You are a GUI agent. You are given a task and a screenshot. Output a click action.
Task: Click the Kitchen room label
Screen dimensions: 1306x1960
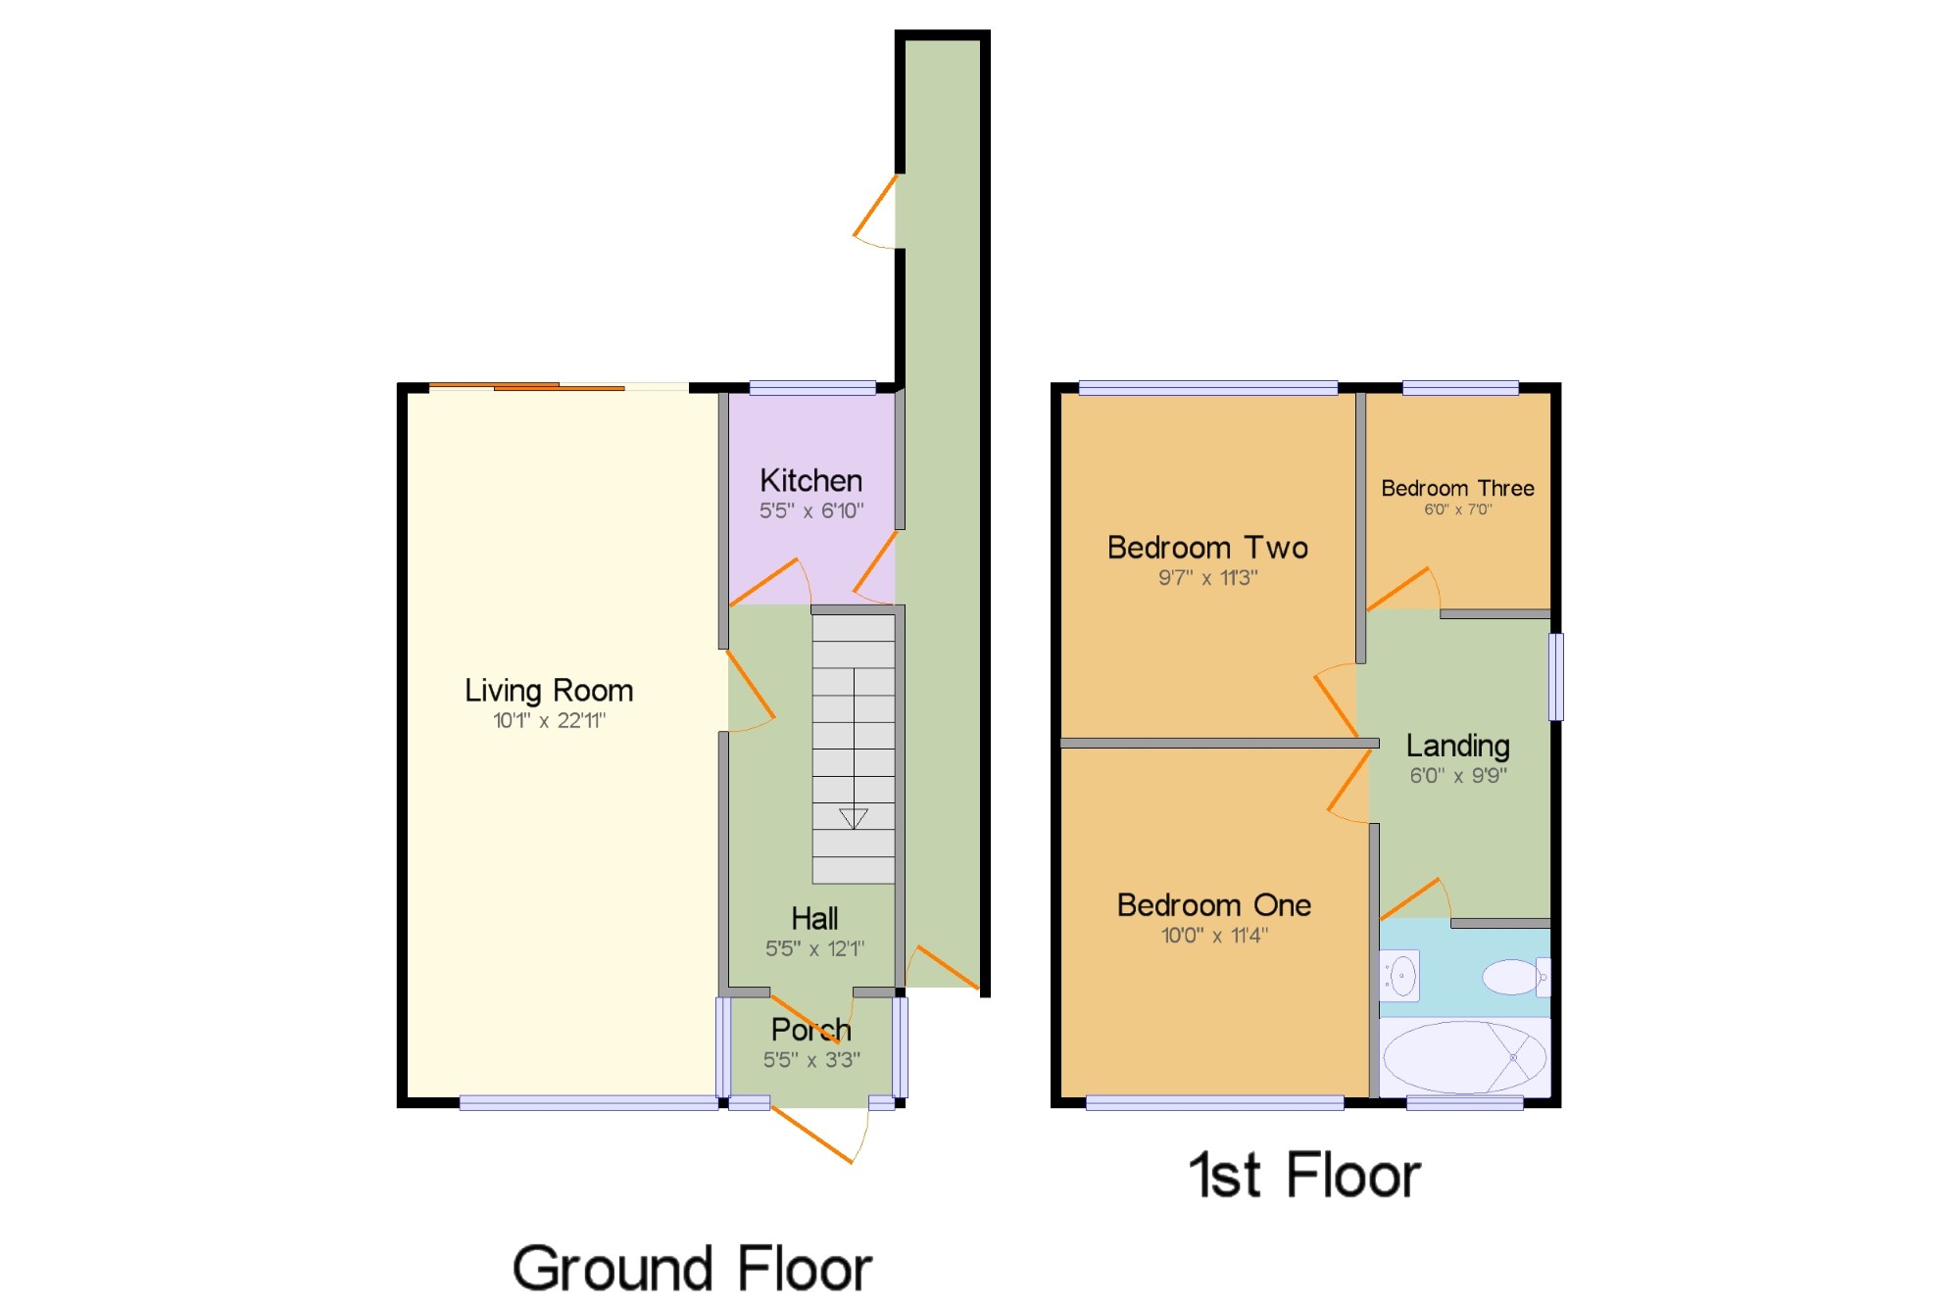click(810, 480)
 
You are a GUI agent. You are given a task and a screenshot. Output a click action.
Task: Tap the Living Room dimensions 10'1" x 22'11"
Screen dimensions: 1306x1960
click(549, 721)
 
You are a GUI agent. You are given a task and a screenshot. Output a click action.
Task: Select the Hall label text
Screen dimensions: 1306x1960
click(814, 918)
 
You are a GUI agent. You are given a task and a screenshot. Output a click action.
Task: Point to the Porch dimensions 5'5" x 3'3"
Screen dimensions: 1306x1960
click(811, 1060)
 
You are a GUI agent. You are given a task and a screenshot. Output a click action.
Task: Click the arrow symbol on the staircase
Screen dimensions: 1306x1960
click(854, 817)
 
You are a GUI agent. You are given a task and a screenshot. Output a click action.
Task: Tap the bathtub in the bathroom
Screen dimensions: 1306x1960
click(1464, 1058)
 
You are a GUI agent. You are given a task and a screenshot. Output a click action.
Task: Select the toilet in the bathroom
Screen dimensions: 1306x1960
click(1513, 977)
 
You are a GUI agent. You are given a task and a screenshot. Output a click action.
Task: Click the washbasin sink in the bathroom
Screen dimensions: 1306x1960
click(1401, 976)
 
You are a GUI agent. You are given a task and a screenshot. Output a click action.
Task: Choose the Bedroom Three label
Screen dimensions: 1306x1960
click(1457, 488)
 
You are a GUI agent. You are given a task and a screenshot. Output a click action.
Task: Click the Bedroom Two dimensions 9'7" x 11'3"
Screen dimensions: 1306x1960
click(1207, 578)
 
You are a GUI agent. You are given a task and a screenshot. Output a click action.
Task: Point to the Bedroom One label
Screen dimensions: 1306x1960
click(1213, 904)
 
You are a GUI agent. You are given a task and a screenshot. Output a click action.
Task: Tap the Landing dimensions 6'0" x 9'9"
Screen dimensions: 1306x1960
click(1457, 776)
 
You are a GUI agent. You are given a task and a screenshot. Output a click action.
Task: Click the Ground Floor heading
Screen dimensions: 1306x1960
click(692, 1269)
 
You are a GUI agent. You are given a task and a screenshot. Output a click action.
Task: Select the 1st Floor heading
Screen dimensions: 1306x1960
click(1304, 1175)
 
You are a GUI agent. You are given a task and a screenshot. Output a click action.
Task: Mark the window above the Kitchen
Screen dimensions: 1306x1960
click(812, 388)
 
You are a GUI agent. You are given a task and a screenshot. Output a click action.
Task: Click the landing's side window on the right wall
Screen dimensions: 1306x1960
click(1555, 676)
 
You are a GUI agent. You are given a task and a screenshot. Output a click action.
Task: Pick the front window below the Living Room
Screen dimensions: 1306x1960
click(588, 1103)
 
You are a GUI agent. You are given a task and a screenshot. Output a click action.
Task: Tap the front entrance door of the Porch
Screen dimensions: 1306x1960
click(813, 1135)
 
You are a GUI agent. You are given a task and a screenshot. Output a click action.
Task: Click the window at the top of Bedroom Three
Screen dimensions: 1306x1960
click(1460, 388)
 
